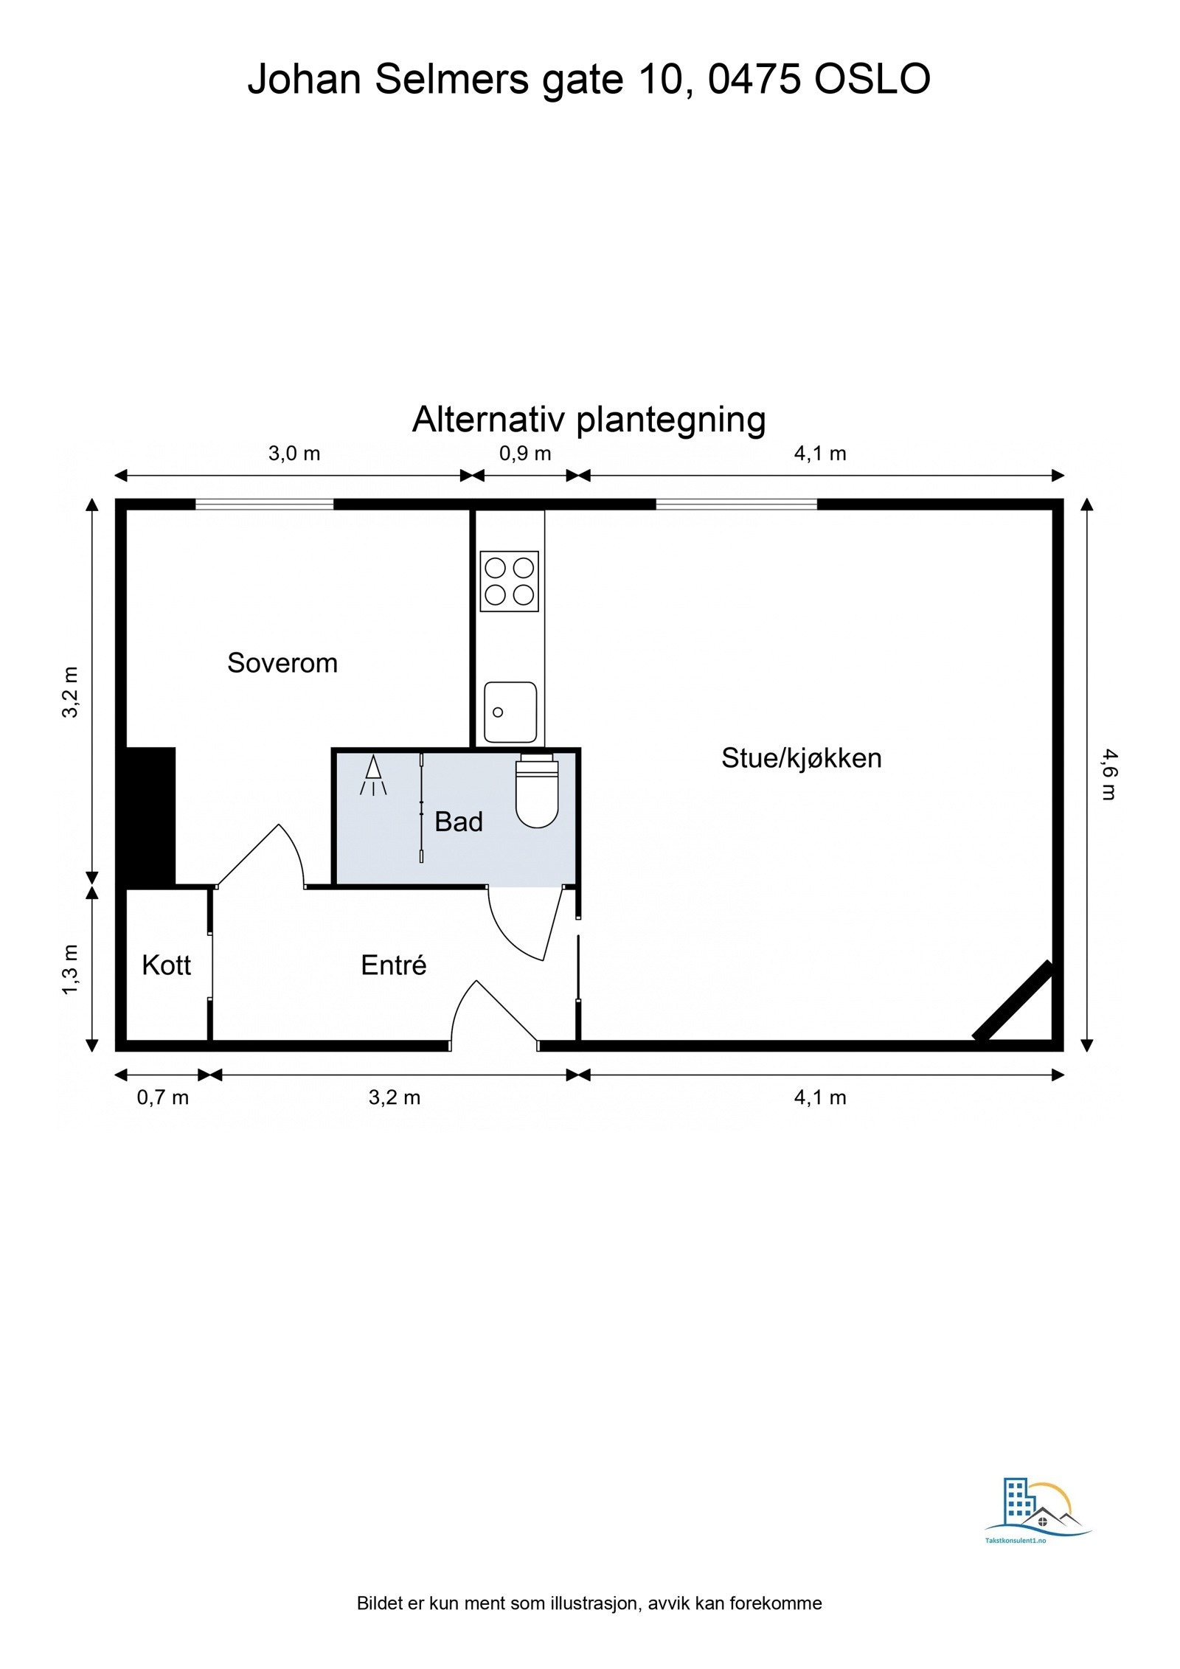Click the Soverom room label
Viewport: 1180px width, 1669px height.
point(282,663)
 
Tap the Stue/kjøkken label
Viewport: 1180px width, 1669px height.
point(801,758)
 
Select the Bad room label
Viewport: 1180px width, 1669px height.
point(458,822)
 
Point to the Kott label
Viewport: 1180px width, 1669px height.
point(166,965)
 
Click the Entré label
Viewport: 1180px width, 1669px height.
point(393,965)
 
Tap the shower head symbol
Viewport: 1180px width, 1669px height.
point(373,775)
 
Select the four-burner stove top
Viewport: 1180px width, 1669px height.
point(509,581)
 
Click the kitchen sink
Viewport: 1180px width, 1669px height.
point(510,712)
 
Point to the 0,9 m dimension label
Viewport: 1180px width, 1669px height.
point(525,454)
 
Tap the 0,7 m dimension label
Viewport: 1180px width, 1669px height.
point(163,1097)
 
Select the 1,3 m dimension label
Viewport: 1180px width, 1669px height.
point(70,969)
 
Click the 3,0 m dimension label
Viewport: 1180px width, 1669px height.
point(294,454)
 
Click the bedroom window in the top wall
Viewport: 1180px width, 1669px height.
point(264,504)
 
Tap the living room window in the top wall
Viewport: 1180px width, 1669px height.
point(736,504)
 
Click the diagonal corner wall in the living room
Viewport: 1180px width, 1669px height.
point(1013,1001)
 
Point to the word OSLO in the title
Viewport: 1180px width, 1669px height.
point(872,79)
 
